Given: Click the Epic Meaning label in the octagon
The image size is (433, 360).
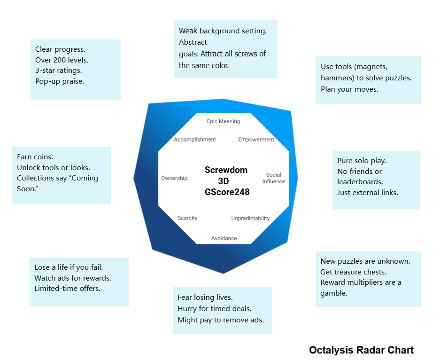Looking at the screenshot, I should click(223, 121).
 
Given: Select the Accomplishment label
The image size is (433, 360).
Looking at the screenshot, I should click(195, 140).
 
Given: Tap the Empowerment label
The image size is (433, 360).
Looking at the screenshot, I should click(256, 140).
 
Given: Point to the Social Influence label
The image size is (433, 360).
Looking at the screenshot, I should click(273, 178).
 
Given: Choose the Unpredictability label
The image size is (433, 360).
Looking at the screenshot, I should click(250, 218).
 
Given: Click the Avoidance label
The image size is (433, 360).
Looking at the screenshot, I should click(224, 238).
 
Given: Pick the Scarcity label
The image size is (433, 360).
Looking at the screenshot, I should click(187, 218).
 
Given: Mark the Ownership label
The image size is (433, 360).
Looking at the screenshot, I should click(174, 178).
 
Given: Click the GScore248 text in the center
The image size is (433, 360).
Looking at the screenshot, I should click(227, 192).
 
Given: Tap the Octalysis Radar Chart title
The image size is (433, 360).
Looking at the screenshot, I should click(361, 350).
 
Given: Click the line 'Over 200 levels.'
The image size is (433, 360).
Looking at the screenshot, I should click(62, 60).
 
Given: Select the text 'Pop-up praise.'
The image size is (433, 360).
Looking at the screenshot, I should click(60, 81).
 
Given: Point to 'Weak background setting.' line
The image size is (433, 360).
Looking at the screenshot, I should click(223, 31).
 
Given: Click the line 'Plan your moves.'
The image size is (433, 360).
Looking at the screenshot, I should click(349, 89).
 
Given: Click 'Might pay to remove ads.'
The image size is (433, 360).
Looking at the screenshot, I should click(221, 320).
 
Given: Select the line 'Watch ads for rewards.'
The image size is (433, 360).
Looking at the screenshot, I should click(73, 278).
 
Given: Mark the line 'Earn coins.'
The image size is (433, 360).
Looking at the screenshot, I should click(35, 157).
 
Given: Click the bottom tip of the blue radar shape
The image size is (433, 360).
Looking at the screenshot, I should click(224, 273).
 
